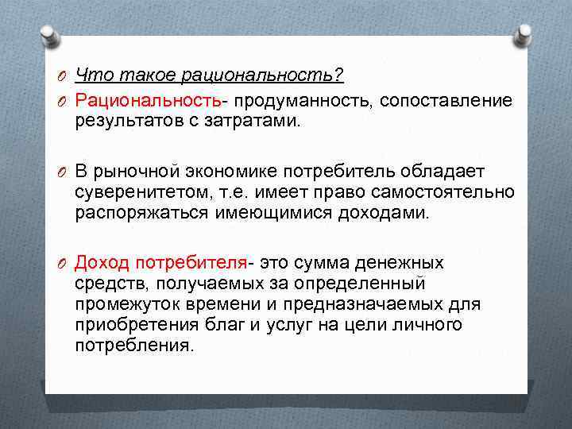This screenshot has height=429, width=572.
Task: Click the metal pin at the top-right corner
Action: [x=524, y=33]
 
